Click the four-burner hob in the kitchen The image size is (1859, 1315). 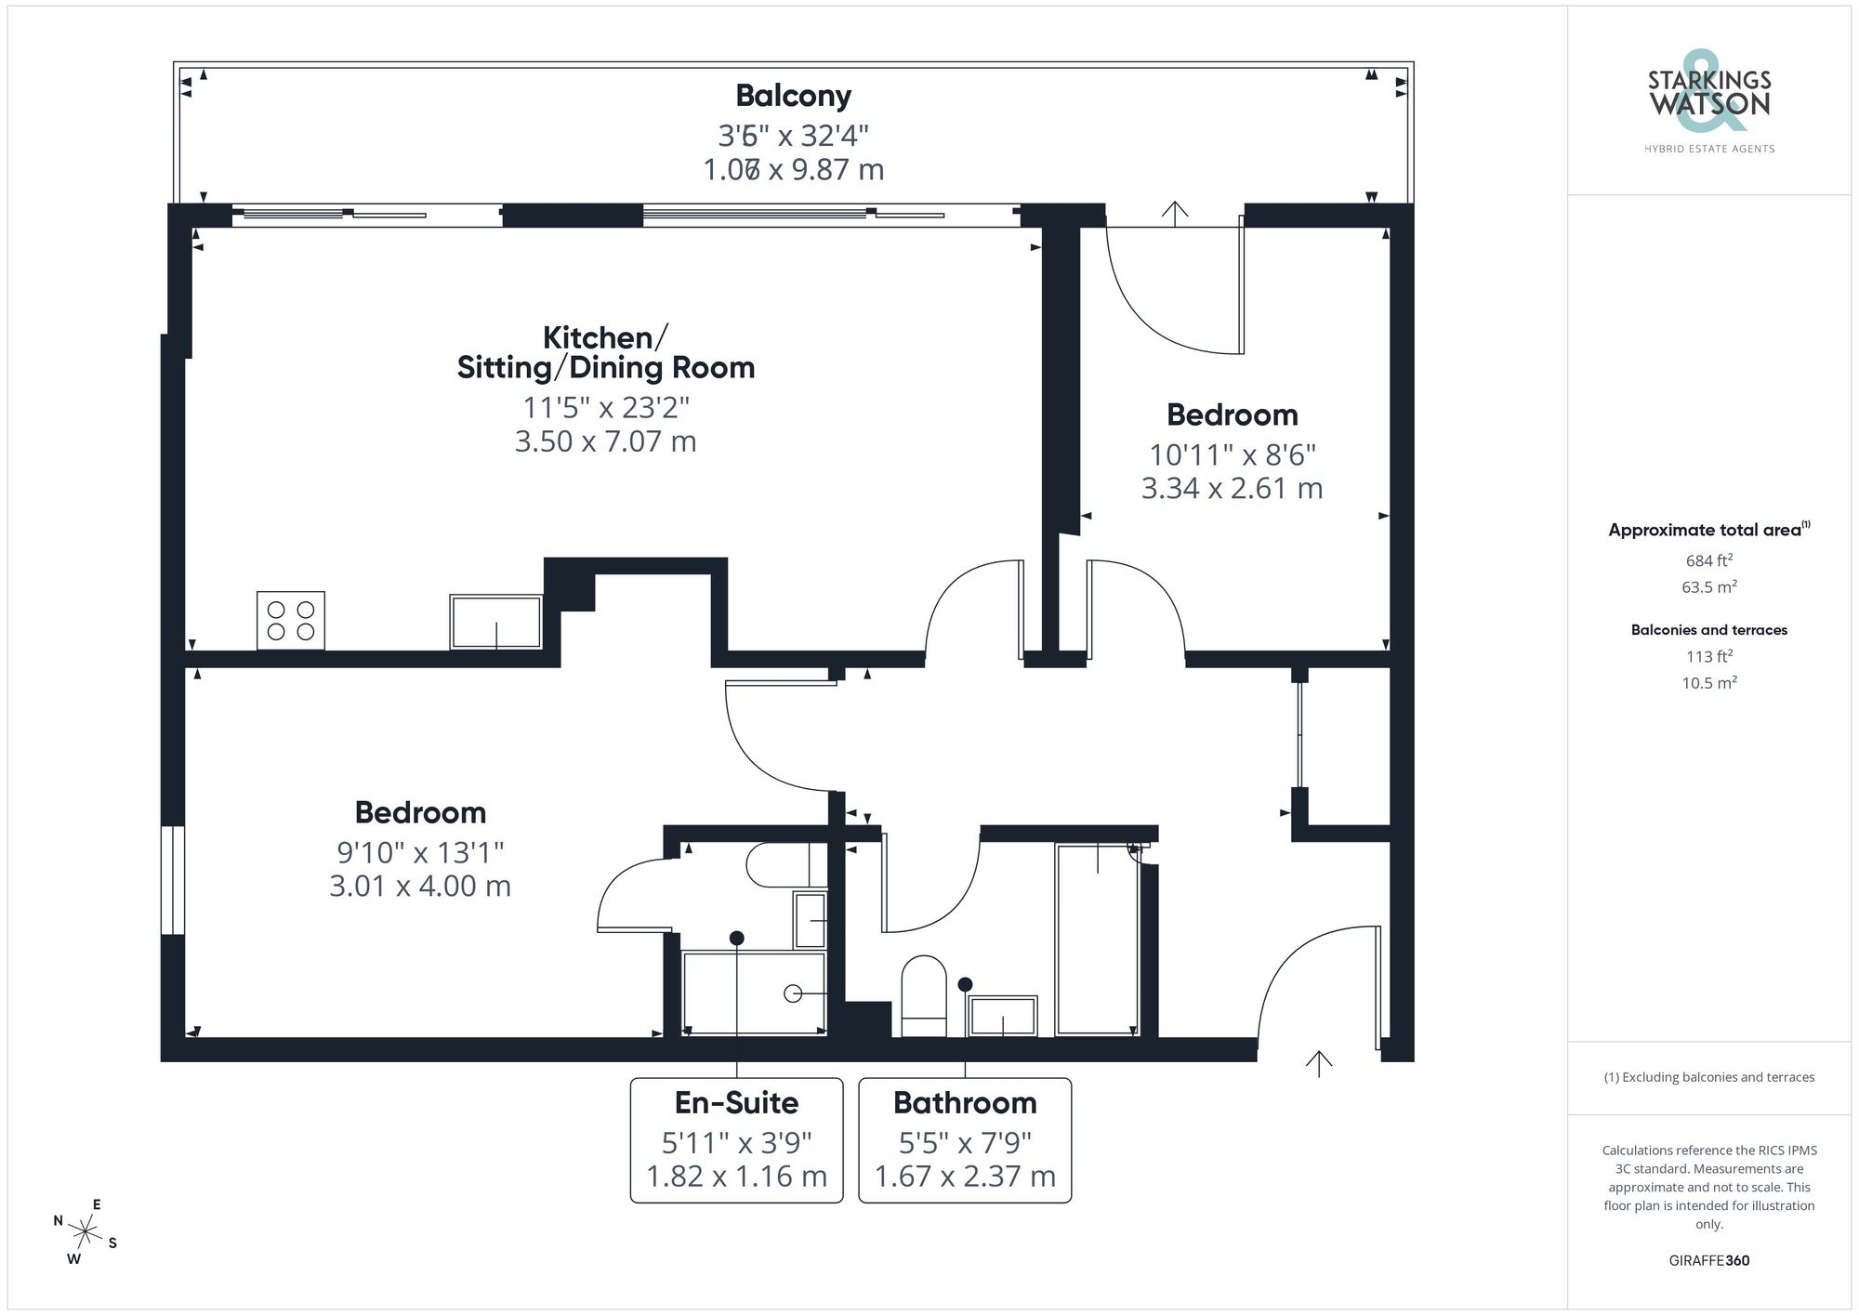pyautogui.click(x=291, y=621)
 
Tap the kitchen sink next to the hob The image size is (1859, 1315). pyautogui.click(x=495, y=622)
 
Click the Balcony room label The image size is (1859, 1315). pyautogui.click(x=793, y=96)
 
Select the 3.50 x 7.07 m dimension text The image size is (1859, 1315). pyautogui.click(x=605, y=441)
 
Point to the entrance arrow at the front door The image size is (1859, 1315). pyautogui.click(x=1319, y=1063)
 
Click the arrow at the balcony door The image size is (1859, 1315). pyautogui.click(x=1175, y=214)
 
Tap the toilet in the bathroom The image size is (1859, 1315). pyautogui.click(x=923, y=996)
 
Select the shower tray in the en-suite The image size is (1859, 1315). pyautogui.click(x=754, y=993)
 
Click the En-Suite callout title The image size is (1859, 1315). pyautogui.click(x=736, y=1103)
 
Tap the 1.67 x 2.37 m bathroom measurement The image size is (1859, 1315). pyautogui.click(x=965, y=1177)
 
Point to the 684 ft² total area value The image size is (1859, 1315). pyautogui.click(x=1708, y=560)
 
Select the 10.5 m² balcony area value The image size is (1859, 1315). pyautogui.click(x=1708, y=683)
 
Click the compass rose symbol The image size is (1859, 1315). pyautogui.click(x=86, y=1233)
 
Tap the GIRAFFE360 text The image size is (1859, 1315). pyautogui.click(x=1708, y=1261)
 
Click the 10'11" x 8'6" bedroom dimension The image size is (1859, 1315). pyautogui.click(x=1232, y=454)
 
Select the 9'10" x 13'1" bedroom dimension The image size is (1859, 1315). pyautogui.click(x=420, y=852)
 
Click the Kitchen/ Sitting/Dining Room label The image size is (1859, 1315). pyautogui.click(x=605, y=352)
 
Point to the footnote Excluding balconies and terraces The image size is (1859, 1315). pyautogui.click(x=1708, y=1077)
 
